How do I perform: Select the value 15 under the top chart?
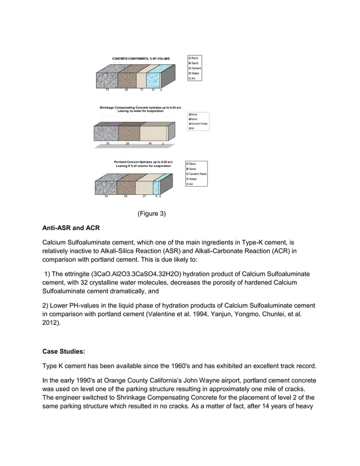141,90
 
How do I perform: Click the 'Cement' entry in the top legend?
196,68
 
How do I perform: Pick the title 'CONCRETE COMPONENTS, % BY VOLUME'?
141,59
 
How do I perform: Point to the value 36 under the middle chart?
150,144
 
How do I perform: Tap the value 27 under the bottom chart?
144,196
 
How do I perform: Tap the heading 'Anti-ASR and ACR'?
71,229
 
